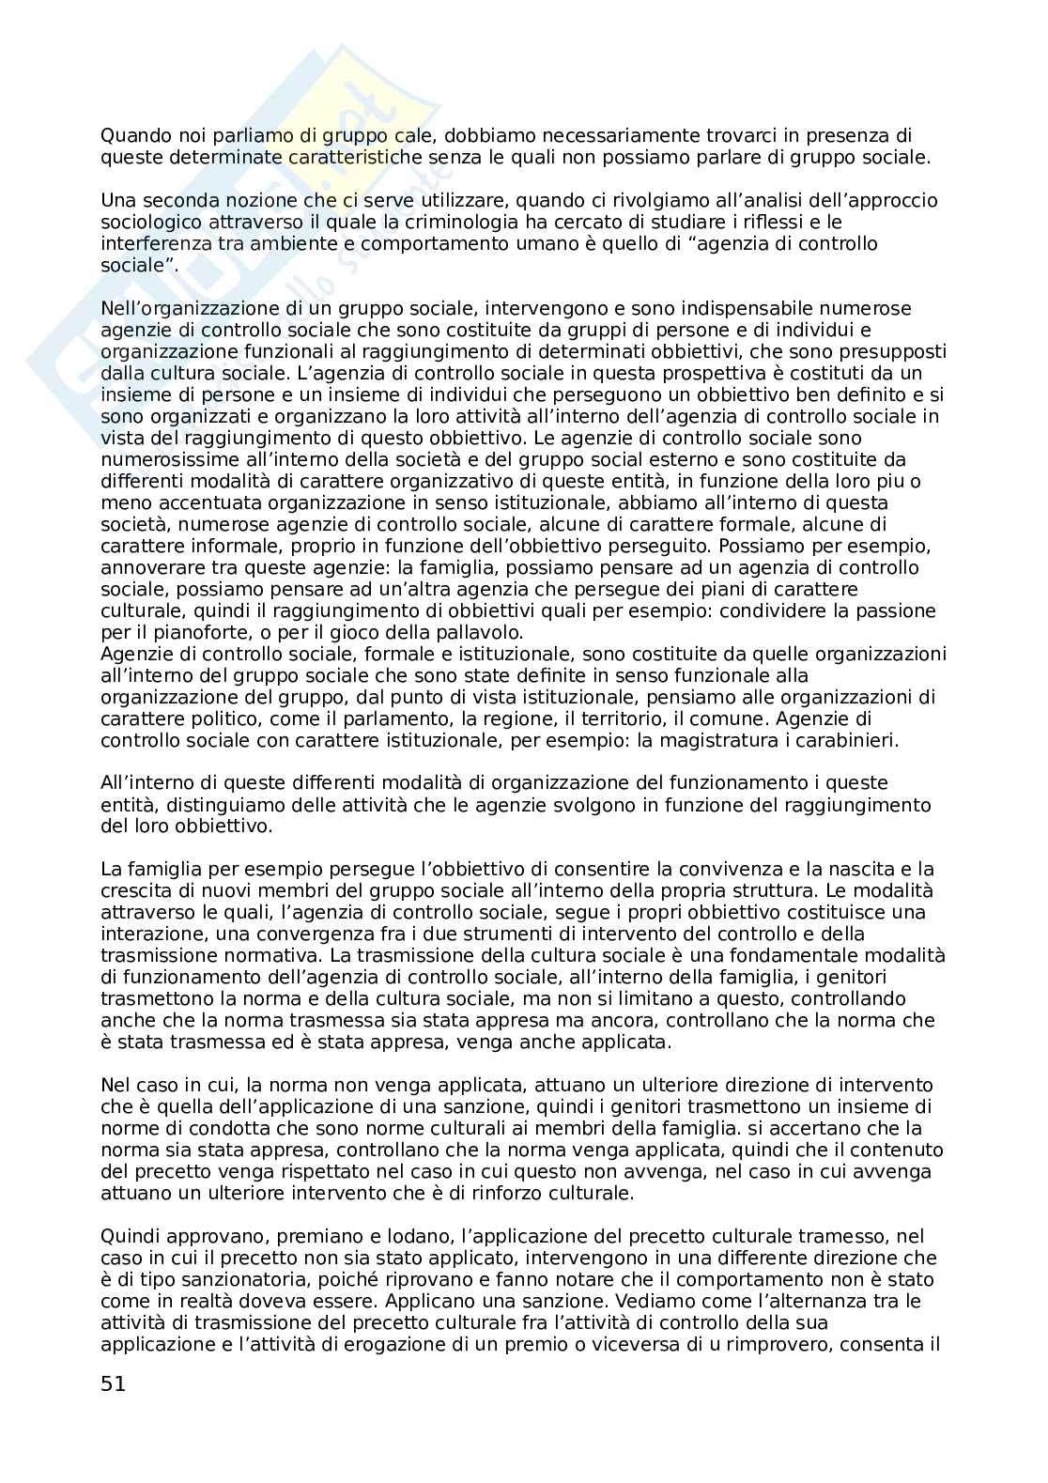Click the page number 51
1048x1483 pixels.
point(113,1383)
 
